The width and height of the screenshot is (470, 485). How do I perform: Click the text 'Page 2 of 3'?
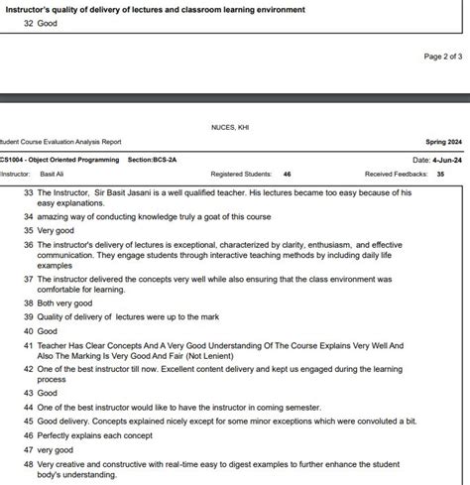click(442, 57)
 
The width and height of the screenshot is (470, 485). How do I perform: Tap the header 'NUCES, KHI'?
click(230, 128)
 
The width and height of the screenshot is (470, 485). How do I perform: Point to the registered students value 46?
click(287, 173)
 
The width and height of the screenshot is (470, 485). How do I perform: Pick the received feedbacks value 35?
click(440, 173)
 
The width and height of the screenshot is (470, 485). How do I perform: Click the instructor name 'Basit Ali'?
click(53, 173)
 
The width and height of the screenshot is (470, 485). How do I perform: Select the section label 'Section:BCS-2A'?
click(152, 159)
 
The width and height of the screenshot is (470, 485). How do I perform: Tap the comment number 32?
click(29, 24)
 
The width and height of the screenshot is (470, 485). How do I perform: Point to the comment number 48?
click(29, 463)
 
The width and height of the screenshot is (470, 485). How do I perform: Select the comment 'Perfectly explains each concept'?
click(99, 435)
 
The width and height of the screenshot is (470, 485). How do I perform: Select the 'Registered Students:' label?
click(241, 173)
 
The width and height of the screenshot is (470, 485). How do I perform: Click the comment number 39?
click(29, 316)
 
